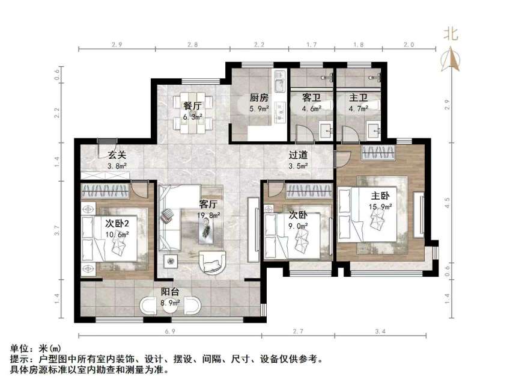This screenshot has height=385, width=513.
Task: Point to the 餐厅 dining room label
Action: coord(192,106)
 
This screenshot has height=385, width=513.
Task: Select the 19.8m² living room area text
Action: coord(208,215)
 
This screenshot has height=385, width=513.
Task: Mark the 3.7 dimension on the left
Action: coord(57,229)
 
